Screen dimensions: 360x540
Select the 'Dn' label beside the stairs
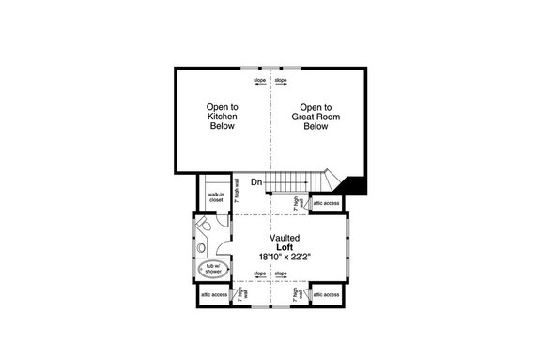click(x=242, y=182)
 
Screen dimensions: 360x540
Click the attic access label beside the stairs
click(x=327, y=201)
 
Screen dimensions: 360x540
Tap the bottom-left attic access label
click(x=213, y=294)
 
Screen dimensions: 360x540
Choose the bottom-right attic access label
click(x=326, y=294)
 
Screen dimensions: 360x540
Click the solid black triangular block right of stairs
click(x=355, y=185)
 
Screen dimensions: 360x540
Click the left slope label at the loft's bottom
click(x=259, y=275)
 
